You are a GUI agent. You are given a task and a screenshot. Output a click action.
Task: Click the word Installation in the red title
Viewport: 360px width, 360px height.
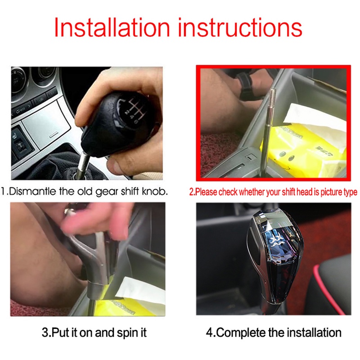coord(112,27)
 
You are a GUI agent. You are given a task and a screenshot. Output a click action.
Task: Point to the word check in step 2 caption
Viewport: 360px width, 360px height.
coord(227,192)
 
